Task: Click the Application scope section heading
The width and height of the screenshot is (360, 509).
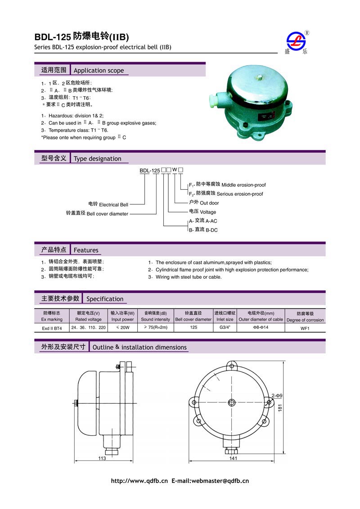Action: [99, 71]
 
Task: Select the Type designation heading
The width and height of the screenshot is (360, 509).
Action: [97, 159]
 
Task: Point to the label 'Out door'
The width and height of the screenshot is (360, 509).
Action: [209, 203]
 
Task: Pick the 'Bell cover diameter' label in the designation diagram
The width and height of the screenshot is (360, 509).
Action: [107, 214]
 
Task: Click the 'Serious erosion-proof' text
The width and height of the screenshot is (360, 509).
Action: [240, 194]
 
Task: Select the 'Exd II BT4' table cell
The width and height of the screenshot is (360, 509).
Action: [51, 328]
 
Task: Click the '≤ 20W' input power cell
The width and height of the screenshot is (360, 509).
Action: [122, 328]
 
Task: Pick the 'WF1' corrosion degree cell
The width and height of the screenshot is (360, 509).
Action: [305, 328]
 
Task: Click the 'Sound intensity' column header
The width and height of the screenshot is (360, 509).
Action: [155, 320]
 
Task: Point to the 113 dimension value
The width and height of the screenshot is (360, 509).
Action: [102, 459]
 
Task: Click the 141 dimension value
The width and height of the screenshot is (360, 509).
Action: [233, 459]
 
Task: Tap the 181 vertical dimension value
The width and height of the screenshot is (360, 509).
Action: [280, 408]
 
